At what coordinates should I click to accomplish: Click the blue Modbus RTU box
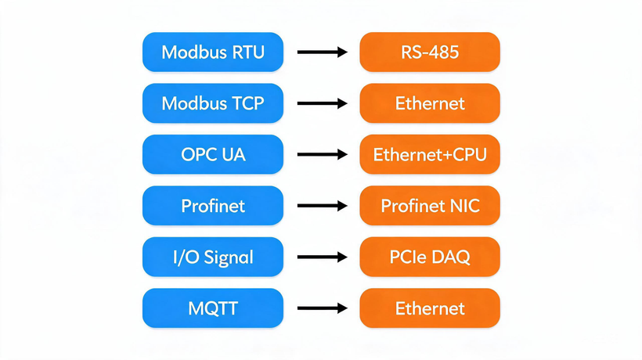213,52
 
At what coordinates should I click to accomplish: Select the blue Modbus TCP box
213,103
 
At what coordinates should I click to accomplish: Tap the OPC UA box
213,154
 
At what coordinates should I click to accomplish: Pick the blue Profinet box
213,205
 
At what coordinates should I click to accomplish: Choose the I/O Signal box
213,257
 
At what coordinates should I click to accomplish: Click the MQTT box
213,308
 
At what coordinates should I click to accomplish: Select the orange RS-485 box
430,52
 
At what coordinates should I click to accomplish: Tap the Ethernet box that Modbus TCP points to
430,103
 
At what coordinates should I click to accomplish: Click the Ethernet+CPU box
430,154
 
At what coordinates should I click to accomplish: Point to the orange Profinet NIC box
430,205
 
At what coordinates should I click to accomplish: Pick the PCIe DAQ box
430,257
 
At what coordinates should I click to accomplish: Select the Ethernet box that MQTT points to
430,308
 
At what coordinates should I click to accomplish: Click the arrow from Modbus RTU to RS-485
323,52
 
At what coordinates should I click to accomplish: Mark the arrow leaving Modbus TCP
323,103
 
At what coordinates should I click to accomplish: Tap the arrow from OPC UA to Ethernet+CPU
323,154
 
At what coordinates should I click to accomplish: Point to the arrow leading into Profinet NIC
323,205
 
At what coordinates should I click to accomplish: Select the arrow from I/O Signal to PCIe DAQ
323,257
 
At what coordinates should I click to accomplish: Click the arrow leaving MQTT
323,308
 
